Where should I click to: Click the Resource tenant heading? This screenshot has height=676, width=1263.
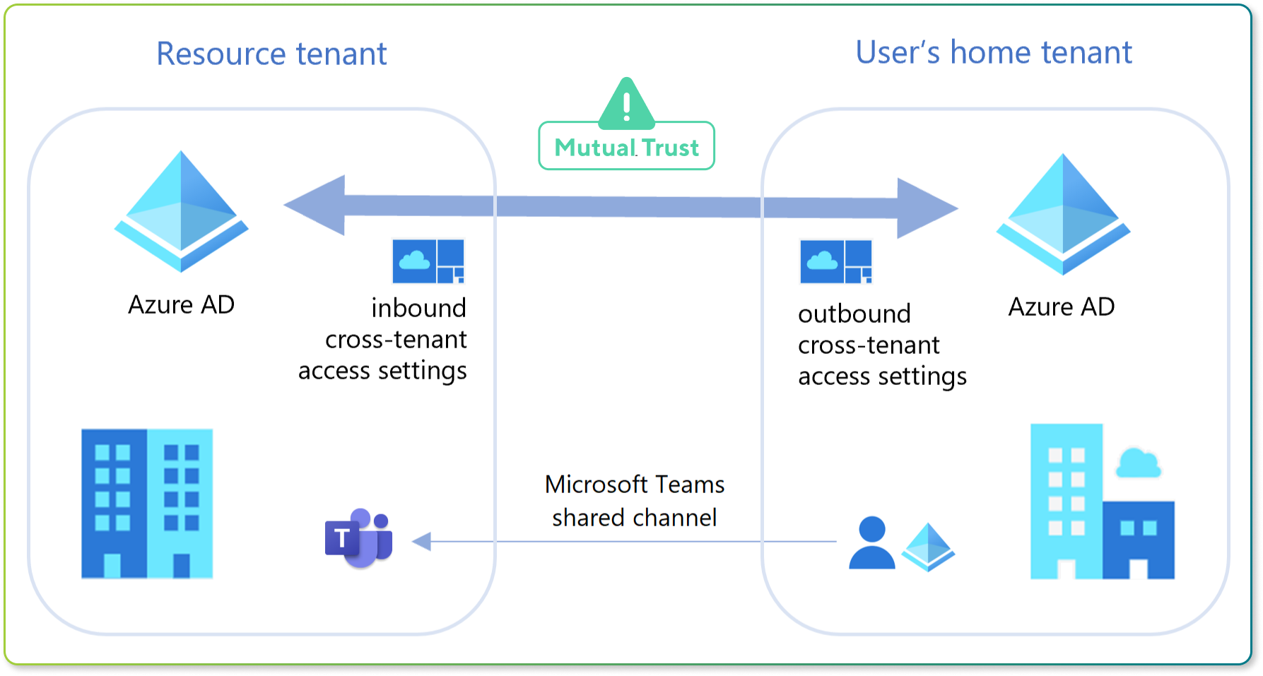271,54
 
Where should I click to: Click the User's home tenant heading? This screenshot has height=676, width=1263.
993,52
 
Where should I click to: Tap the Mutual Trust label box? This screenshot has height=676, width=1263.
626,147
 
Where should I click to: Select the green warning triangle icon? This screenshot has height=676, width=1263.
626,105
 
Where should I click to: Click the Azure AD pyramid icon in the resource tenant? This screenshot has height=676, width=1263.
181,211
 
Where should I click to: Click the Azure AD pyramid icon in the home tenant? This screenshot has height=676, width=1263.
1062,214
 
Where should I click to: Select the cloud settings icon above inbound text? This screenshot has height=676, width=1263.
428,261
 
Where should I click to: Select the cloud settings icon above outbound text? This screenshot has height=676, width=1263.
836,261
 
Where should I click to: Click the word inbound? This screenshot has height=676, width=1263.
418,308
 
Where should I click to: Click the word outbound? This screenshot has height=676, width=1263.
854,314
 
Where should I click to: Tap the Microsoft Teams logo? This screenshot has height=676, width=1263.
359,538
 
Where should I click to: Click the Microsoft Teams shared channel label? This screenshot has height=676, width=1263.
634,501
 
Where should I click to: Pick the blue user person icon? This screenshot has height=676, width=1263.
871,542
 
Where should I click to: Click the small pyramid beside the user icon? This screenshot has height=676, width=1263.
928,547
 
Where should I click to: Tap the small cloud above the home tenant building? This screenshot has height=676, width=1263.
1137,463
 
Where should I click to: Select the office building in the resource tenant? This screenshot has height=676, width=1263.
147,504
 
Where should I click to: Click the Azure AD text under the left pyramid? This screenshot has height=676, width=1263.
181,304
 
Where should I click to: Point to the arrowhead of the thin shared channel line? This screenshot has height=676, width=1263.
421,542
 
